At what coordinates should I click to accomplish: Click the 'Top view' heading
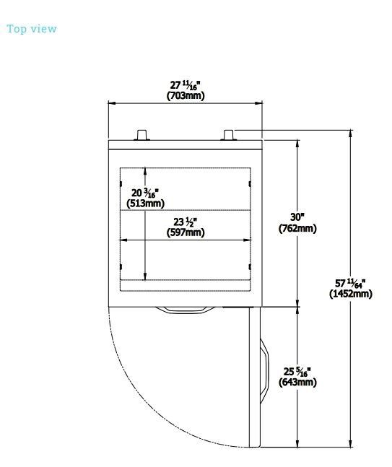click(32, 29)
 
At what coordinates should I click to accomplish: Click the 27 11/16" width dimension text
click(186, 85)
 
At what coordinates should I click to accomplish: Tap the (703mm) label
click(186, 96)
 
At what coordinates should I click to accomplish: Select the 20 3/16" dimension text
click(145, 193)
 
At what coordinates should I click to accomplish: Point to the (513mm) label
click(145, 204)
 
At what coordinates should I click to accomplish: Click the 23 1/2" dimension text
click(186, 222)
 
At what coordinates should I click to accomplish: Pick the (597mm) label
click(186, 232)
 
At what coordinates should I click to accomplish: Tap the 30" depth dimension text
click(297, 217)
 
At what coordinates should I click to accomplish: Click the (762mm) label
click(297, 228)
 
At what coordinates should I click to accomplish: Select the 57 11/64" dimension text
click(350, 283)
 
